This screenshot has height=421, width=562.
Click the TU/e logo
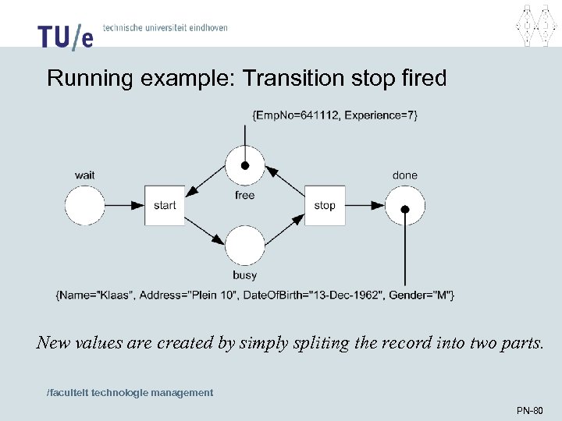point(65,35)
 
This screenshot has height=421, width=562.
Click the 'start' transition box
point(165,206)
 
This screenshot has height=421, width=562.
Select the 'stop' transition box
point(325,206)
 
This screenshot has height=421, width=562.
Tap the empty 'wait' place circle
point(85,206)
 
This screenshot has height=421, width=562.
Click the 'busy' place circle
point(245,246)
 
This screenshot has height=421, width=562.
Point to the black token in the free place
point(245,166)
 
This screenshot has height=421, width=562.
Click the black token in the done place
point(405,209)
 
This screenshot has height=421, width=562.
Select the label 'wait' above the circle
point(85,175)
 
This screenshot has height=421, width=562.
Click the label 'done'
point(405,175)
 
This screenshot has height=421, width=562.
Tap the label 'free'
point(244,195)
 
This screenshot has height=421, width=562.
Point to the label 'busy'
point(244,275)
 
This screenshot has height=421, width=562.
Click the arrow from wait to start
point(125,206)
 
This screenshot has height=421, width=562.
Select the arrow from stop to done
point(365,206)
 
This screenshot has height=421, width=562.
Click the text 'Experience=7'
point(381,115)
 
